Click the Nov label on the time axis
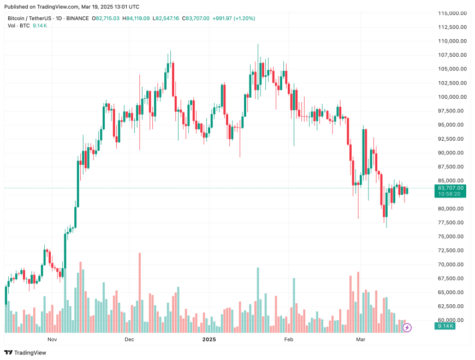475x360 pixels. point(52,339)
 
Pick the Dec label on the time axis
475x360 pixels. point(129,339)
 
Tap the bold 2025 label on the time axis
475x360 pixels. point(210,339)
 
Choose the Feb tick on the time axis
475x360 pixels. point(289,339)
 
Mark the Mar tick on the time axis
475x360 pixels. point(361,339)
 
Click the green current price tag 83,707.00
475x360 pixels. point(450,188)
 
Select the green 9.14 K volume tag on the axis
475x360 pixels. point(450,326)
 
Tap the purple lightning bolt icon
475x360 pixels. point(407,327)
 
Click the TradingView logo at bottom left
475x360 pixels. point(26,352)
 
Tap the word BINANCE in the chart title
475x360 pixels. point(76,18)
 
